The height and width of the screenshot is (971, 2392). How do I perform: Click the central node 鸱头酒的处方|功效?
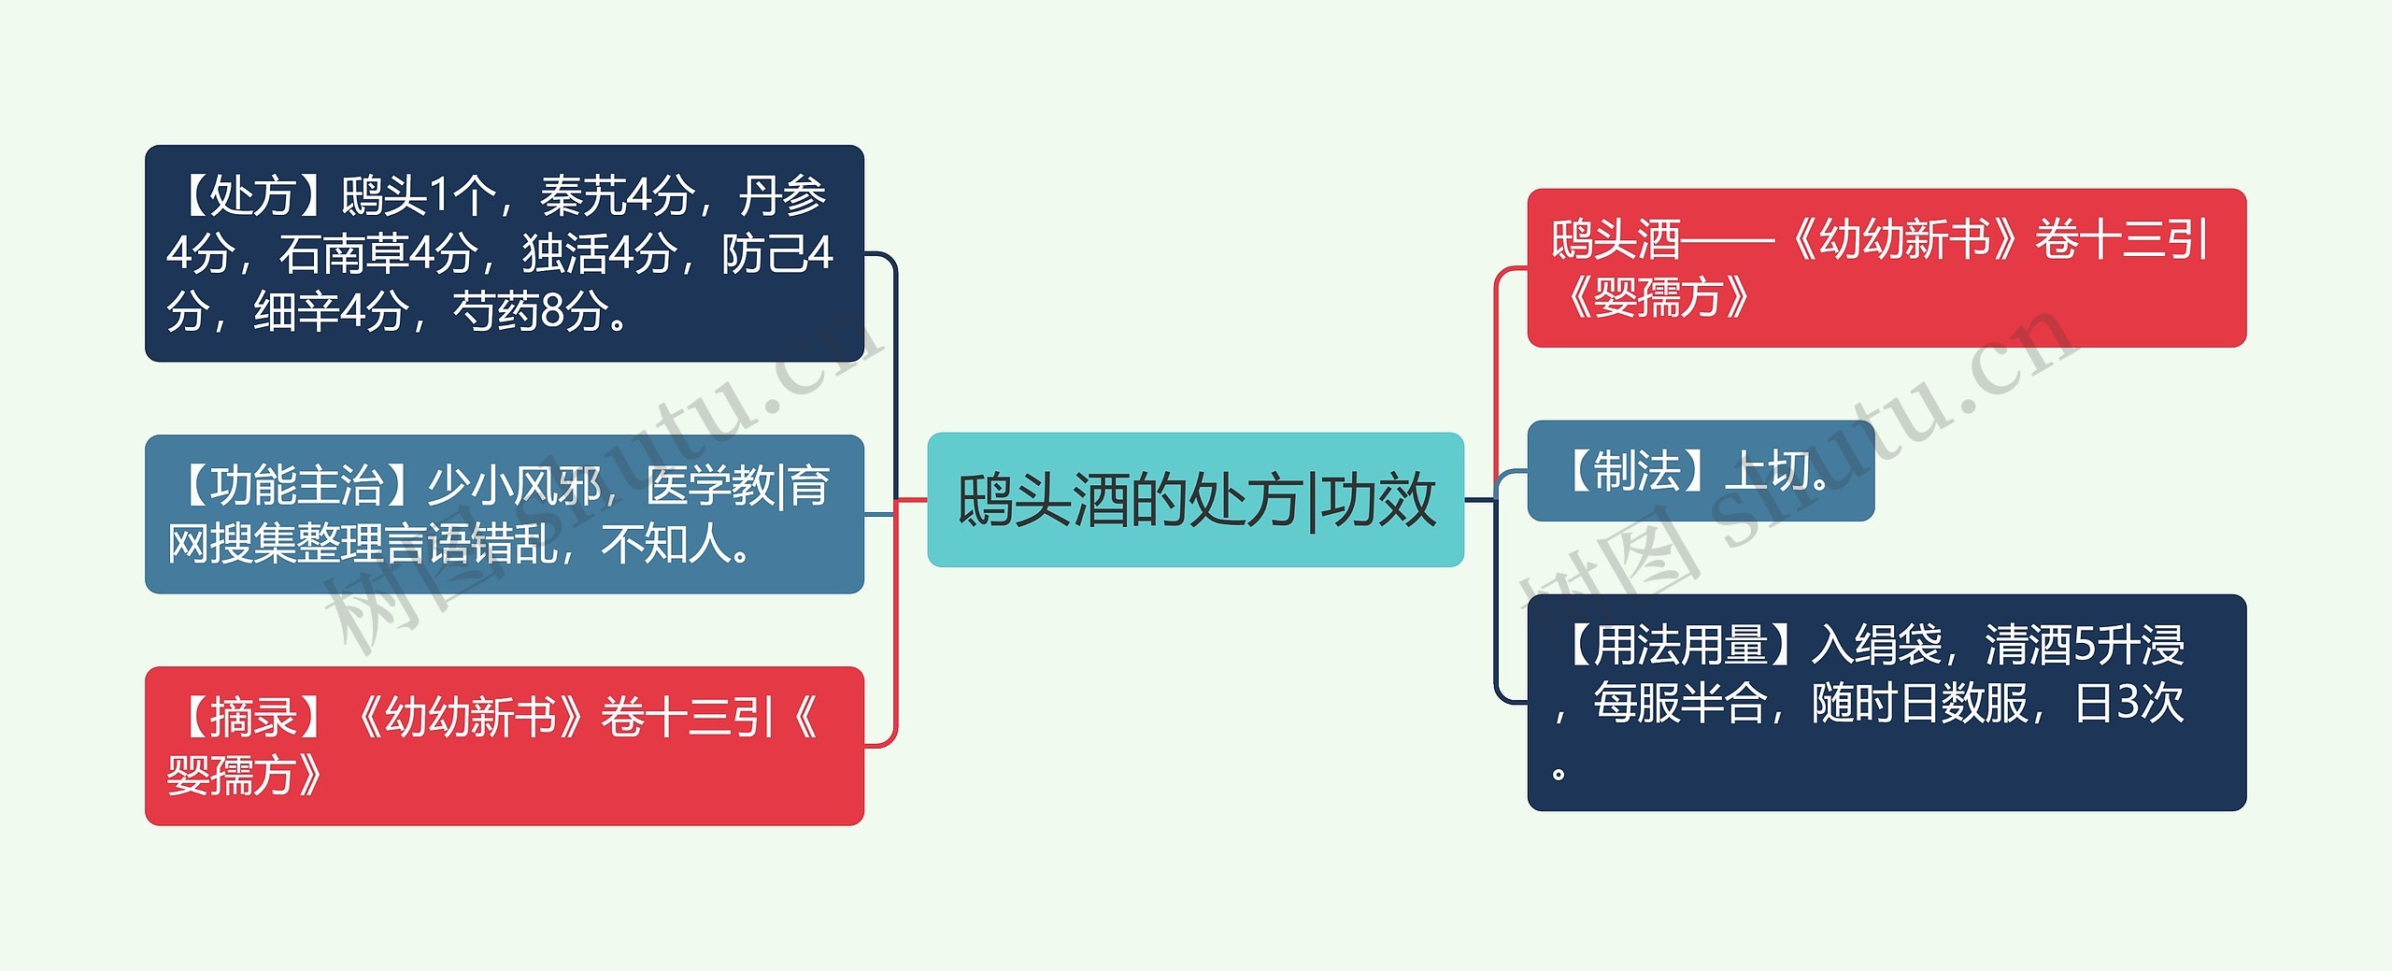pyautogui.click(x=1195, y=499)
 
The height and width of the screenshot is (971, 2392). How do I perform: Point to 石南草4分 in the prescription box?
pyautogui.click(x=378, y=253)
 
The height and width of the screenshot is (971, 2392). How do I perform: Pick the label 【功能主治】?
pyautogui.click(x=295, y=486)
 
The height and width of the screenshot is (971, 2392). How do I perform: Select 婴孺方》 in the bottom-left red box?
pyautogui.click(x=245, y=776)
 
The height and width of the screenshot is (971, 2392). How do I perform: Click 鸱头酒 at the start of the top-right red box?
pyautogui.click(x=1616, y=240)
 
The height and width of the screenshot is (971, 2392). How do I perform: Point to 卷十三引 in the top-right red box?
pyautogui.click(x=2121, y=240)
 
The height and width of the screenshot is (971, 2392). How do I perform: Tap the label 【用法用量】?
pyautogui.click(x=1678, y=645)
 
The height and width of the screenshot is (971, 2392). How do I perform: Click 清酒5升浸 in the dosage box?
pyautogui.click(x=2085, y=645)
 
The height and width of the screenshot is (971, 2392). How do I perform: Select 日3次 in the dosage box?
pyautogui.click(x=2129, y=703)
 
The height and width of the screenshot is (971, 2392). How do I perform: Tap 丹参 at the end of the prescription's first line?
pyautogui.click(x=782, y=196)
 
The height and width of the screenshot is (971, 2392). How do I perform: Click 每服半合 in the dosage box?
pyautogui.click(x=1680, y=703)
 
